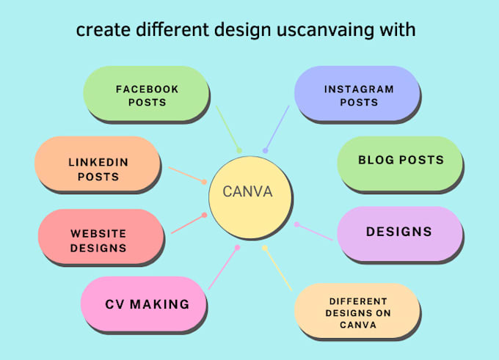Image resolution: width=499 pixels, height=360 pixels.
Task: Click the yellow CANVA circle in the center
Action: pyautogui.click(x=247, y=193)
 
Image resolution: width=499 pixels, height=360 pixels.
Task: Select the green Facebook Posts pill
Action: pyautogui.click(x=146, y=95)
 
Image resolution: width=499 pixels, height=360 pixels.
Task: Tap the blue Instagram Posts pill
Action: pyautogui.click(x=357, y=95)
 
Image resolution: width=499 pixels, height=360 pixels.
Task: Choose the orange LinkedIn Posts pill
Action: pyautogui.click(x=98, y=168)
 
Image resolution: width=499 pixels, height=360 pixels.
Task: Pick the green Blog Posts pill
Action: pyautogui.click(x=400, y=161)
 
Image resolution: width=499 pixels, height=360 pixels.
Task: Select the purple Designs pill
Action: pyautogui.click(x=398, y=232)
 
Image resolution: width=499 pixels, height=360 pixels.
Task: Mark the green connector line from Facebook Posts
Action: pyautogui.click(x=228, y=128)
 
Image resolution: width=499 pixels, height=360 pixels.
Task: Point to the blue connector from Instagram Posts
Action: pyautogui.click(x=277, y=128)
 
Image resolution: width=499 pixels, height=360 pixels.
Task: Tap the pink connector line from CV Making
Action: pyautogui.click(x=222, y=268)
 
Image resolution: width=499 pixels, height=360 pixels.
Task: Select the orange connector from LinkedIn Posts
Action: pyautogui.click(x=186, y=175)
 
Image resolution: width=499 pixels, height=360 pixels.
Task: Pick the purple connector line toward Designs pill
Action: pyautogui.click(x=314, y=231)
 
